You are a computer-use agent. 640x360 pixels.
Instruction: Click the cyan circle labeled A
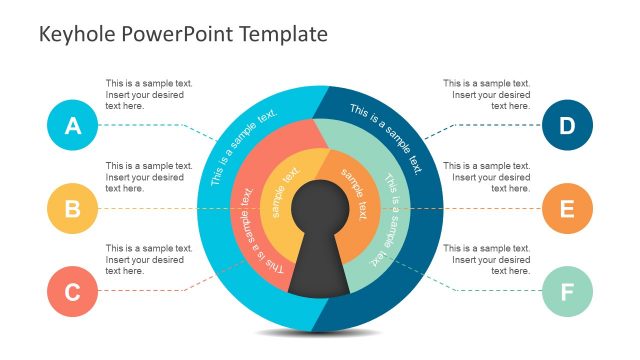pyautogui.click(x=72, y=126)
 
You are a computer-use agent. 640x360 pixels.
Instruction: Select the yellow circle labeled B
pyautogui.click(x=72, y=209)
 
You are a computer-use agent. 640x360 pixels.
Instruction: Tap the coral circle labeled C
pyautogui.click(x=72, y=292)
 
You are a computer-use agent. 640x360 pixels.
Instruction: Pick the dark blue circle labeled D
pyautogui.click(x=567, y=126)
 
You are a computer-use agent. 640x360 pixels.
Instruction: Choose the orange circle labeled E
pyautogui.click(x=567, y=209)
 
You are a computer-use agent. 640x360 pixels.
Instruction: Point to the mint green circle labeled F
pyautogui.click(x=567, y=292)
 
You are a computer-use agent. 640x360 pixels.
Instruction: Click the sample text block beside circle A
pyautogui.click(x=149, y=94)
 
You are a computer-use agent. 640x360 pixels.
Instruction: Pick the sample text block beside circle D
pyautogui.click(x=486, y=94)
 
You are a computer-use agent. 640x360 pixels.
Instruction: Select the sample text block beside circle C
pyautogui.click(x=149, y=259)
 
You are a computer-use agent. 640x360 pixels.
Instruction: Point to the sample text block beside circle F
pyautogui.click(x=486, y=259)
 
